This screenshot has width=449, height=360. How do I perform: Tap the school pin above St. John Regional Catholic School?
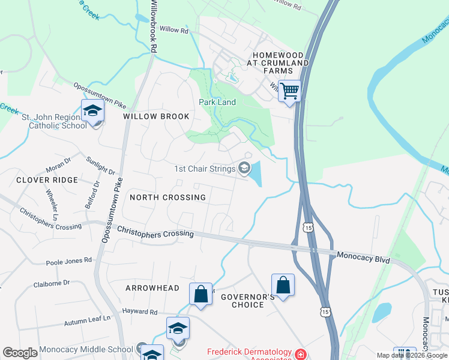pyautogui.click(x=92, y=111)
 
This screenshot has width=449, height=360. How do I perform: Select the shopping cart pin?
pyautogui.click(x=290, y=91)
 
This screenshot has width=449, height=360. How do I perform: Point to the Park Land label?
pyautogui.click(x=217, y=102)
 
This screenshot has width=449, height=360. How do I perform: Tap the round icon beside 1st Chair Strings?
pyautogui.click(x=244, y=169)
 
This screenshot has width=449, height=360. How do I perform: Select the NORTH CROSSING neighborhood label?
pyautogui.click(x=167, y=197)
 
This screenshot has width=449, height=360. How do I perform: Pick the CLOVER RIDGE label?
pyautogui.click(x=47, y=180)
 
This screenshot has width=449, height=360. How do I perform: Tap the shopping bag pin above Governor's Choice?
pyautogui.click(x=283, y=285)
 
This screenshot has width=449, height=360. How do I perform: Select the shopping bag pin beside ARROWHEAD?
pyautogui.click(x=200, y=294)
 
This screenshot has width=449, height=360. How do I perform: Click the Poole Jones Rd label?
pyautogui.click(x=69, y=261)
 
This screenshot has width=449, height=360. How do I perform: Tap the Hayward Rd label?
pyautogui.click(x=139, y=312)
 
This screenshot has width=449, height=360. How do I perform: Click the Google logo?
pyautogui.click(x=20, y=353)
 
